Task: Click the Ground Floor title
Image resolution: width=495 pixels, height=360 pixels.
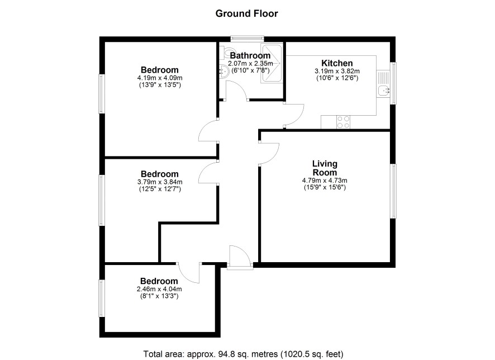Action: click(x=246, y=13)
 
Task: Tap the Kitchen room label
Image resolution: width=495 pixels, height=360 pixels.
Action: click(x=337, y=63)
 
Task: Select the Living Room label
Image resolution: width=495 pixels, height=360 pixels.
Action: click(x=325, y=168)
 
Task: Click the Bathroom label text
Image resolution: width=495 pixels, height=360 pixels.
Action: click(x=250, y=55)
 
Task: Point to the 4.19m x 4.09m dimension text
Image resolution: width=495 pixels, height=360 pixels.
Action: click(x=160, y=78)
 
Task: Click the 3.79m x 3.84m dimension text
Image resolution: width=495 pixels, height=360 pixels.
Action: click(x=160, y=182)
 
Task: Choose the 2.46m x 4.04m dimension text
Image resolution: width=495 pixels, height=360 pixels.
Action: click(x=159, y=289)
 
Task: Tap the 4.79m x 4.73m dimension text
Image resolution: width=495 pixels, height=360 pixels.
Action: click(x=325, y=181)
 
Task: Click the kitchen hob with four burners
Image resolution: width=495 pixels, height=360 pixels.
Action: click(x=343, y=122)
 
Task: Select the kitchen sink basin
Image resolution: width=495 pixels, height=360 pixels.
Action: click(x=384, y=91)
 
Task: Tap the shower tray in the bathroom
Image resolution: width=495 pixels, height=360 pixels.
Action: click(x=271, y=64)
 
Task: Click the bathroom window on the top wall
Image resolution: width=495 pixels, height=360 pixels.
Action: click(x=247, y=38)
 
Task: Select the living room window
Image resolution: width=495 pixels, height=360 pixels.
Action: click(x=393, y=191)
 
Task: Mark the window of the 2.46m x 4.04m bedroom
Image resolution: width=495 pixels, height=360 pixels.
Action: click(x=102, y=298)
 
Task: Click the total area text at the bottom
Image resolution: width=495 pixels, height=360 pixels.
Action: click(x=243, y=354)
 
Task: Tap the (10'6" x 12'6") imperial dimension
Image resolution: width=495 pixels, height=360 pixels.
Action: click(x=337, y=78)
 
